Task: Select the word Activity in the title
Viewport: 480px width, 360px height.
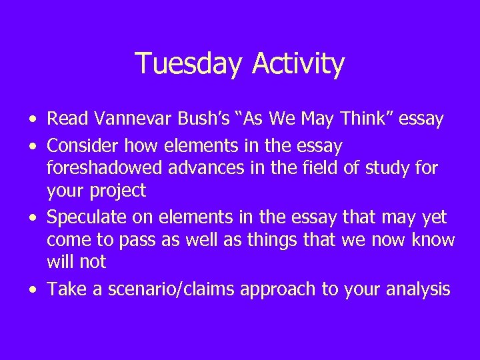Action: coord(299,64)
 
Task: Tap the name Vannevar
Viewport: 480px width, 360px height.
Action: coord(135,119)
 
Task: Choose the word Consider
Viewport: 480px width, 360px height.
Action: coord(85,145)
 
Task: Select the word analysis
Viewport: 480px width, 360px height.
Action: coord(419,289)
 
